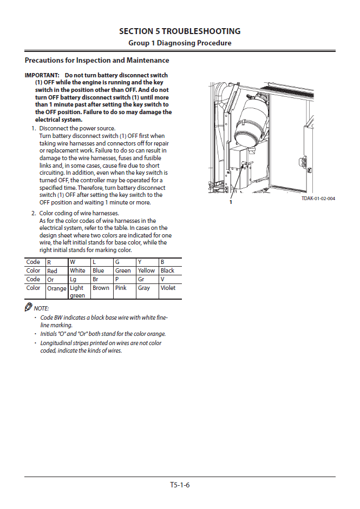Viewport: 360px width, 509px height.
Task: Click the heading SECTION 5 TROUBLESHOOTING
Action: pos(180,31)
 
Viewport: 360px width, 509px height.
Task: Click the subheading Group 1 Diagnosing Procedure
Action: pos(180,43)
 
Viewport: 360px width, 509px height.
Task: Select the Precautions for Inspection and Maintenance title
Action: pos(97,61)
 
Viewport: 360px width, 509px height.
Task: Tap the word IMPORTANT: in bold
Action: pos(42,75)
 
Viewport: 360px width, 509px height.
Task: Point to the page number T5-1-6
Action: pos(180,485)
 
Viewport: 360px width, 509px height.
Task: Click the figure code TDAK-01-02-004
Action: pos(318,199)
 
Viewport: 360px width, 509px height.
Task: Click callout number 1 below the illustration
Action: pos(231,202)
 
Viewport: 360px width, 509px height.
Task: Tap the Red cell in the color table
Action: pos(53,271)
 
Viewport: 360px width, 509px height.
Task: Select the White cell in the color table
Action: pos(77,270)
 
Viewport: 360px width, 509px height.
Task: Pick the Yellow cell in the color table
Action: pos(146,270)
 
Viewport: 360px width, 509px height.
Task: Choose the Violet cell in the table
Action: pos(168,288)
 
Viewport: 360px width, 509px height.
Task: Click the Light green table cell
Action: pos(77,292)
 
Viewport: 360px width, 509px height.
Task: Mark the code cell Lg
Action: pos(73,280)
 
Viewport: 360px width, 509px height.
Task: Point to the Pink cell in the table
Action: pos(121,288)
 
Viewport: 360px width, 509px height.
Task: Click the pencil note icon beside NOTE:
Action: pos(29,307)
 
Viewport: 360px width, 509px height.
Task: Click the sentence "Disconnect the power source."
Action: pos(77,129)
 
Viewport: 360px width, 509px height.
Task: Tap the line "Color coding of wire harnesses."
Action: pos(79,213)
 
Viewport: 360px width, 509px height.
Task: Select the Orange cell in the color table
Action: pos(56,289)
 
